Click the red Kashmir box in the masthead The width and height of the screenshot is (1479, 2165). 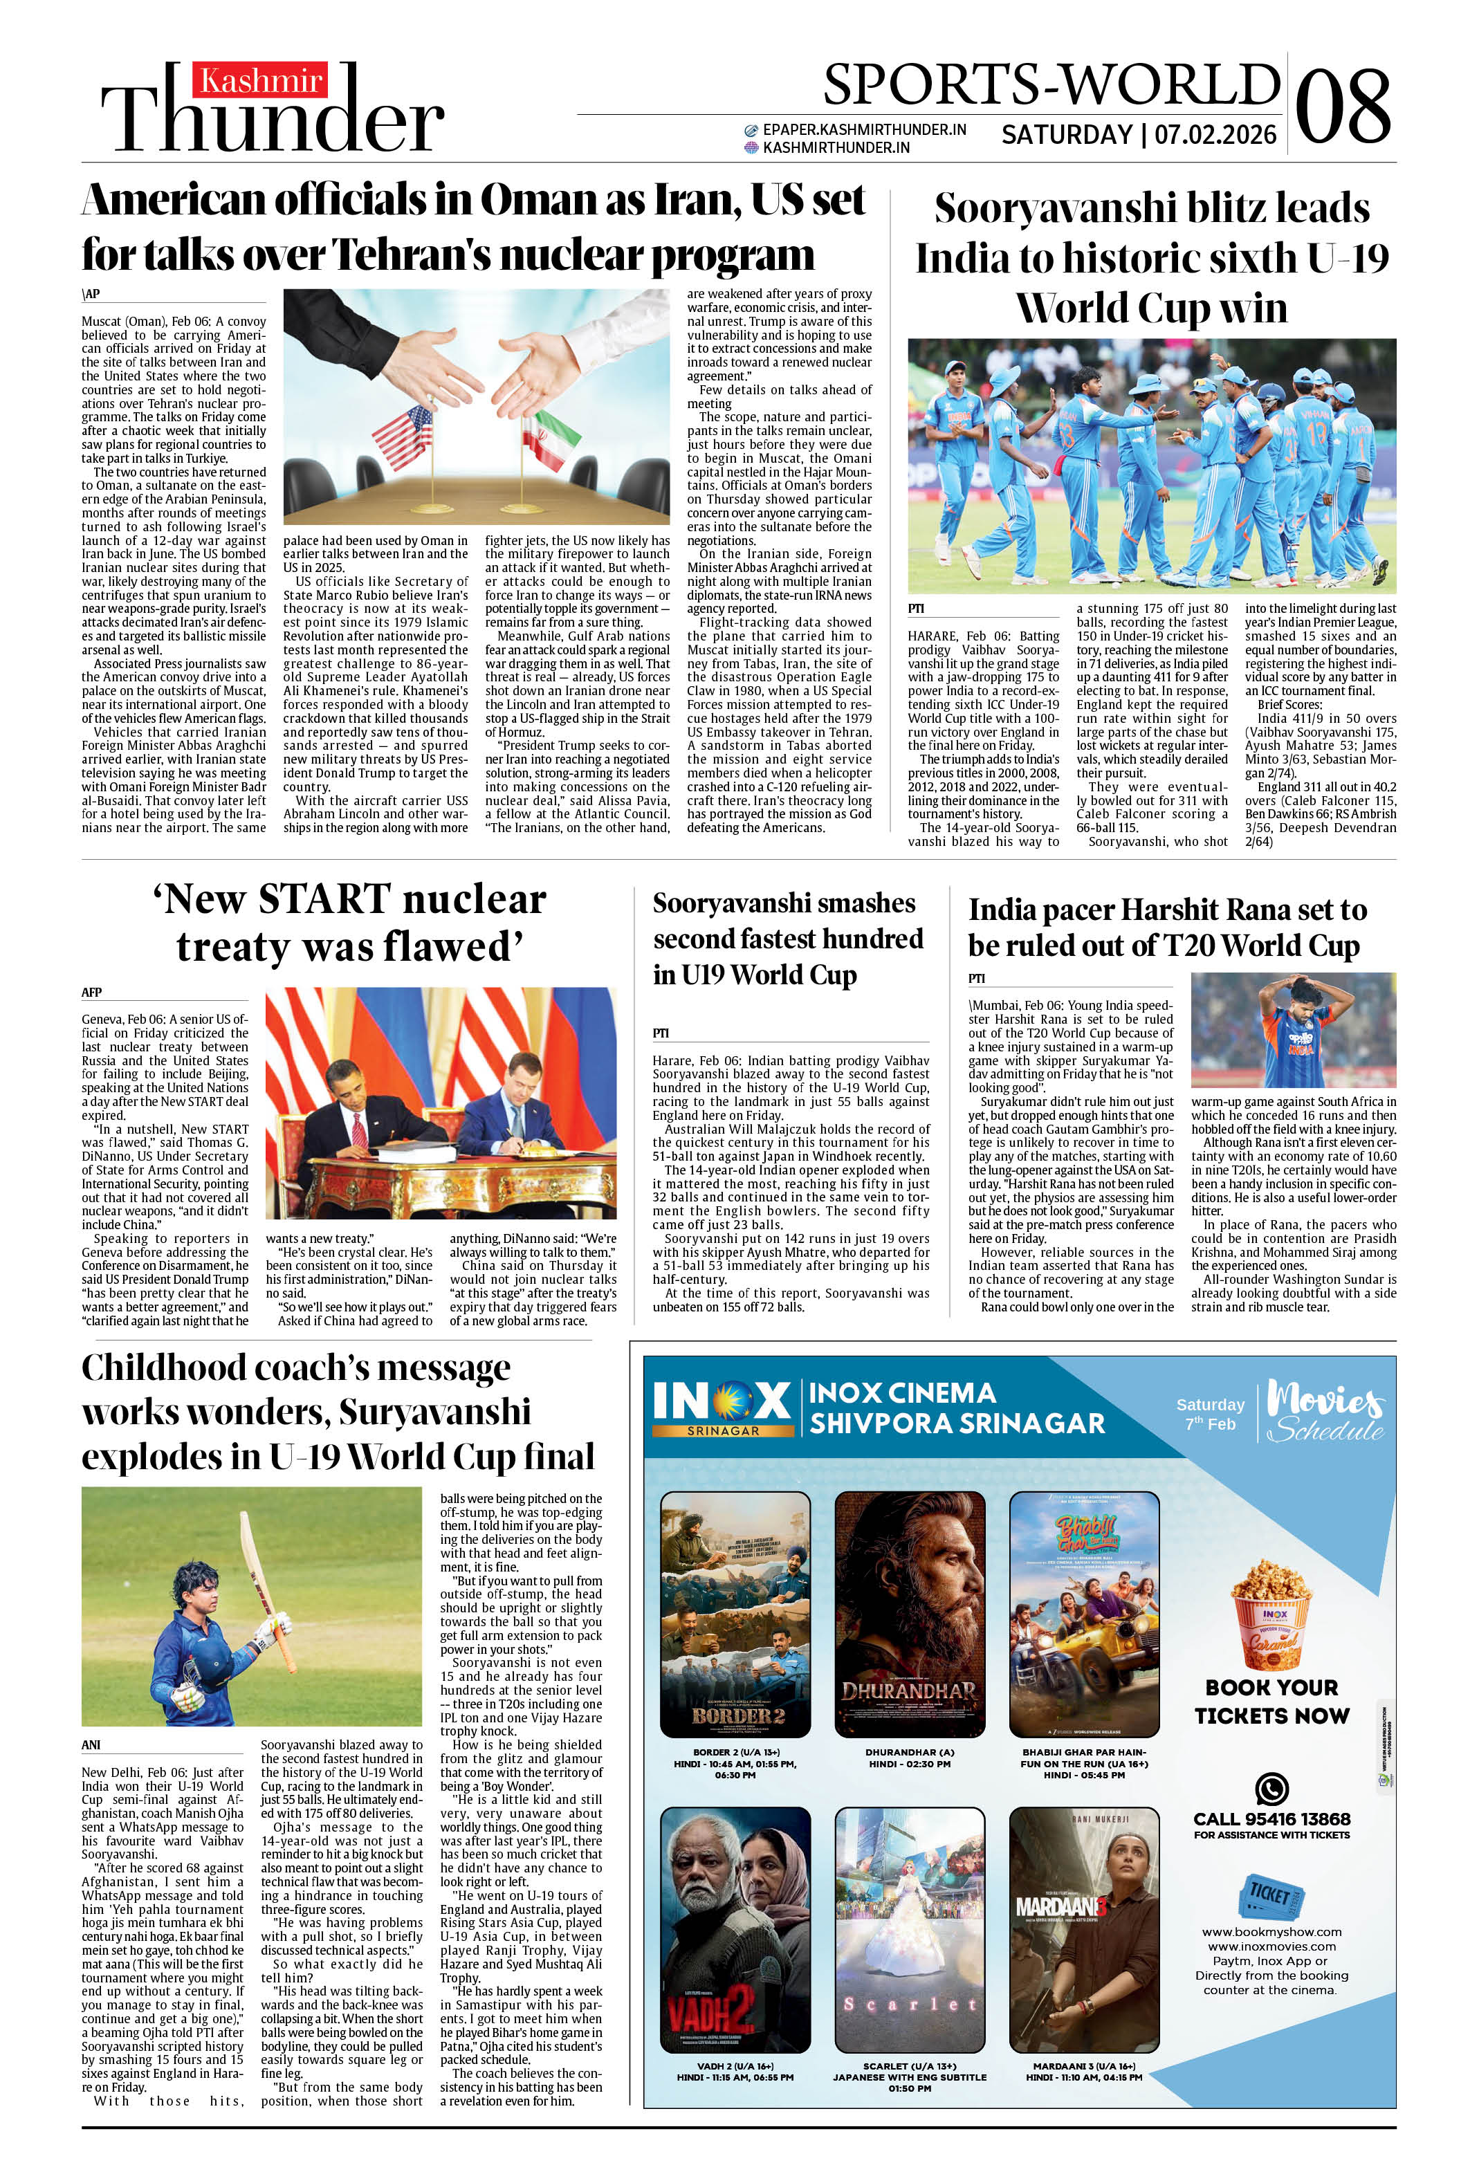click(260, 80)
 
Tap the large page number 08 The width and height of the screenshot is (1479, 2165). click(1342, 105)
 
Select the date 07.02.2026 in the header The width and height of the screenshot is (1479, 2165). click(1215, 135)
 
